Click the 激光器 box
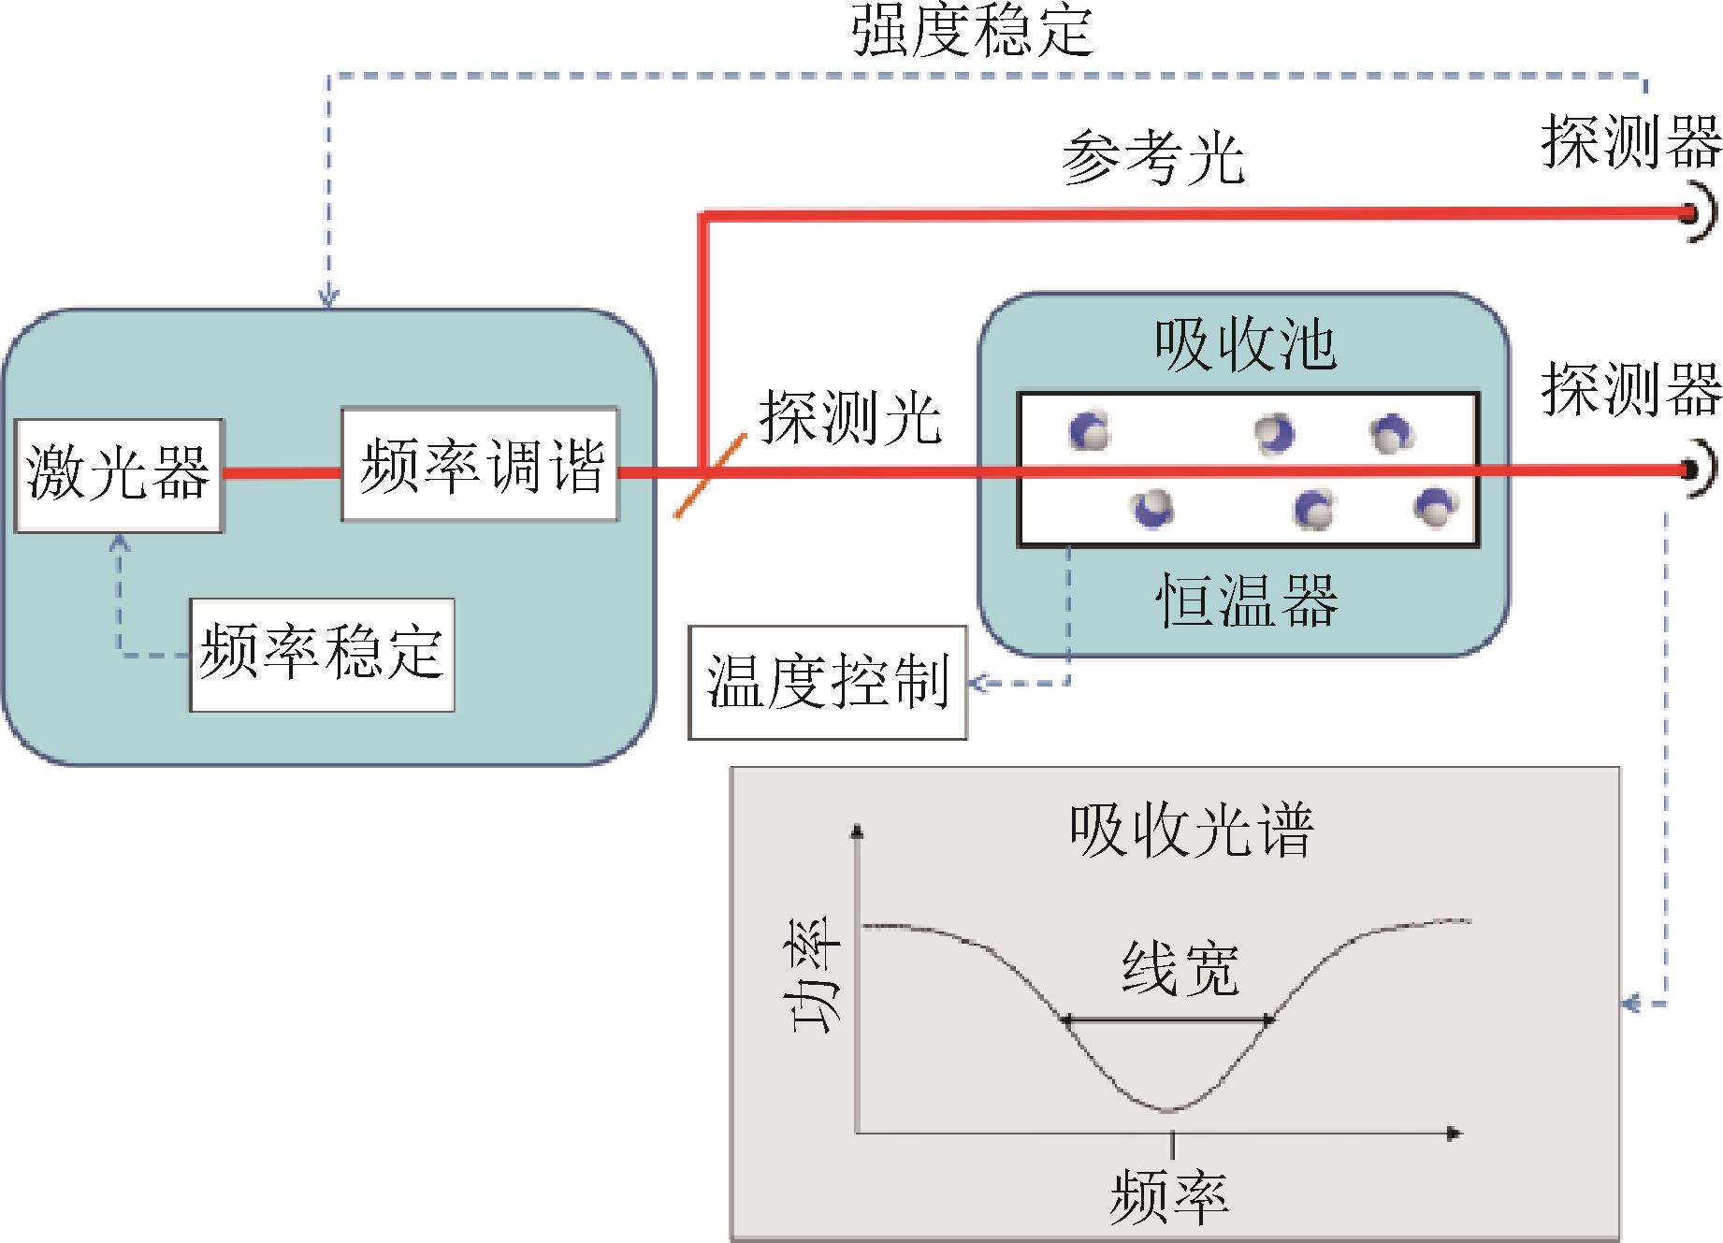pos(120,475)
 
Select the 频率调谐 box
pos(480,464)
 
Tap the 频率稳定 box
pos(322,655)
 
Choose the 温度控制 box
pos(828,683)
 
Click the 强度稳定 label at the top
pos(972,30)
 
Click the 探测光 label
pos(849,416)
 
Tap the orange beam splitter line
pos(711,475)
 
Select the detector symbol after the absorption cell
pos(1698,469)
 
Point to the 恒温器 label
pos(1248,599)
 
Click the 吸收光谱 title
pos(1192,830)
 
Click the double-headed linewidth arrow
pos(1169,1020)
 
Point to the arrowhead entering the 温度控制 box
pos(977,683)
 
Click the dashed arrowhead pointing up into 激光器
pos(120,542)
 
